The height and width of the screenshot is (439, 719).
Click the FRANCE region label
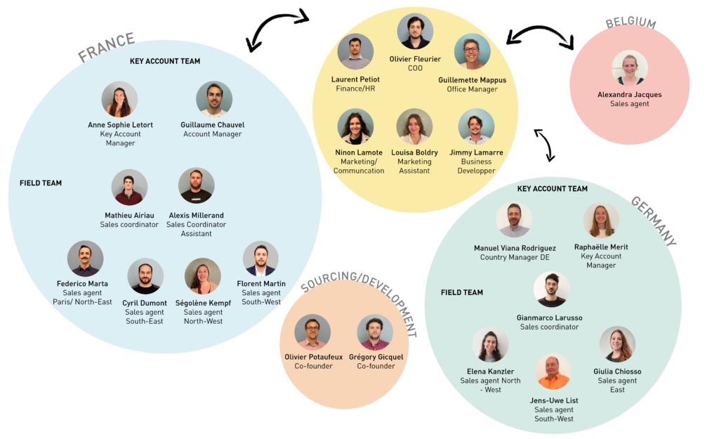[x=107, y=47]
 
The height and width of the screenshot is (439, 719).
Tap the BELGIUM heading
[x=631, y=22]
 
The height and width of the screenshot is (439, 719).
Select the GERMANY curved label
[x=654, y=221]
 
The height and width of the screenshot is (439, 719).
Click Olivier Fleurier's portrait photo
[x=415, y=31]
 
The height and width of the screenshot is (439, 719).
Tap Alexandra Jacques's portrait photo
[x=630, y=68]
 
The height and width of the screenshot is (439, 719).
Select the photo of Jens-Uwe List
[x=553, y=371]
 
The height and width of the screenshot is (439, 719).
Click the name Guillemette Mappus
[x=473, y=80]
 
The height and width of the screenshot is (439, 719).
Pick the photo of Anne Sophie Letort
[x=119, y=99]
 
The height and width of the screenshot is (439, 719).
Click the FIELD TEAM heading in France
[x=40, y=183]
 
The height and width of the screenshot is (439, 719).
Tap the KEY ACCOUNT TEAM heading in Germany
[x=552, y=188]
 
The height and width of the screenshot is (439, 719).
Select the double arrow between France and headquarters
[x=277, y=28]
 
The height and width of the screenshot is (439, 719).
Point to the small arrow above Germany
[x=545, y=144]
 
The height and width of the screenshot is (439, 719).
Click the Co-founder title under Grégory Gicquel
[x=376, y=366]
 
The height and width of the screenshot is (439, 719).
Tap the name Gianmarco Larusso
[x=549, y=317]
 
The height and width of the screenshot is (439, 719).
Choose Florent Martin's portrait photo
[x=260, y=258]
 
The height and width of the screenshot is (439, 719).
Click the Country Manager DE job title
[x=515, y=257]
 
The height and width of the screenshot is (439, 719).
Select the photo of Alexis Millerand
[x=197, y=185]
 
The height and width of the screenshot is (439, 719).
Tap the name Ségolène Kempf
[x=203, y=303]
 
